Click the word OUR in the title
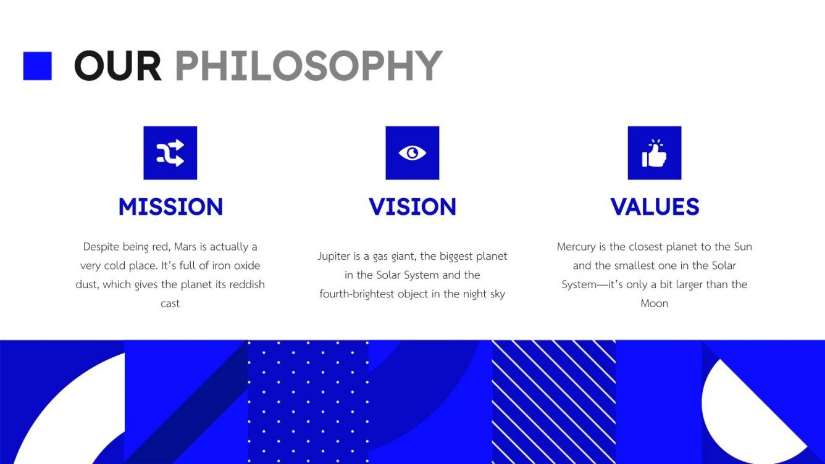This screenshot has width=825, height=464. (118, 66)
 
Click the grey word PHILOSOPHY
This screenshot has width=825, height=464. (309, 66)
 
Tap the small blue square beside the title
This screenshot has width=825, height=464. (37, 66)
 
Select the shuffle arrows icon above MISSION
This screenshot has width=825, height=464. (170, 152)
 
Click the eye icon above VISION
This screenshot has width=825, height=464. (412, 152)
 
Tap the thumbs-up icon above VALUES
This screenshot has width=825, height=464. (655, 152)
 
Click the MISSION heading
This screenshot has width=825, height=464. (170, 207)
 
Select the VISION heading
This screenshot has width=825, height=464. (412, 207)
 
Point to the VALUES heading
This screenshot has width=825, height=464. (655, 207)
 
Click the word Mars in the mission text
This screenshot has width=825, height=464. (185, 247)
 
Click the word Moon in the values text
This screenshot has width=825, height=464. (655, 304)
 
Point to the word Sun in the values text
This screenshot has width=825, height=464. (743, 247)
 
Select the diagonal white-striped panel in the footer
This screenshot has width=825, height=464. (553, 402)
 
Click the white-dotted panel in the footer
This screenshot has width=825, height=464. (308, 402)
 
